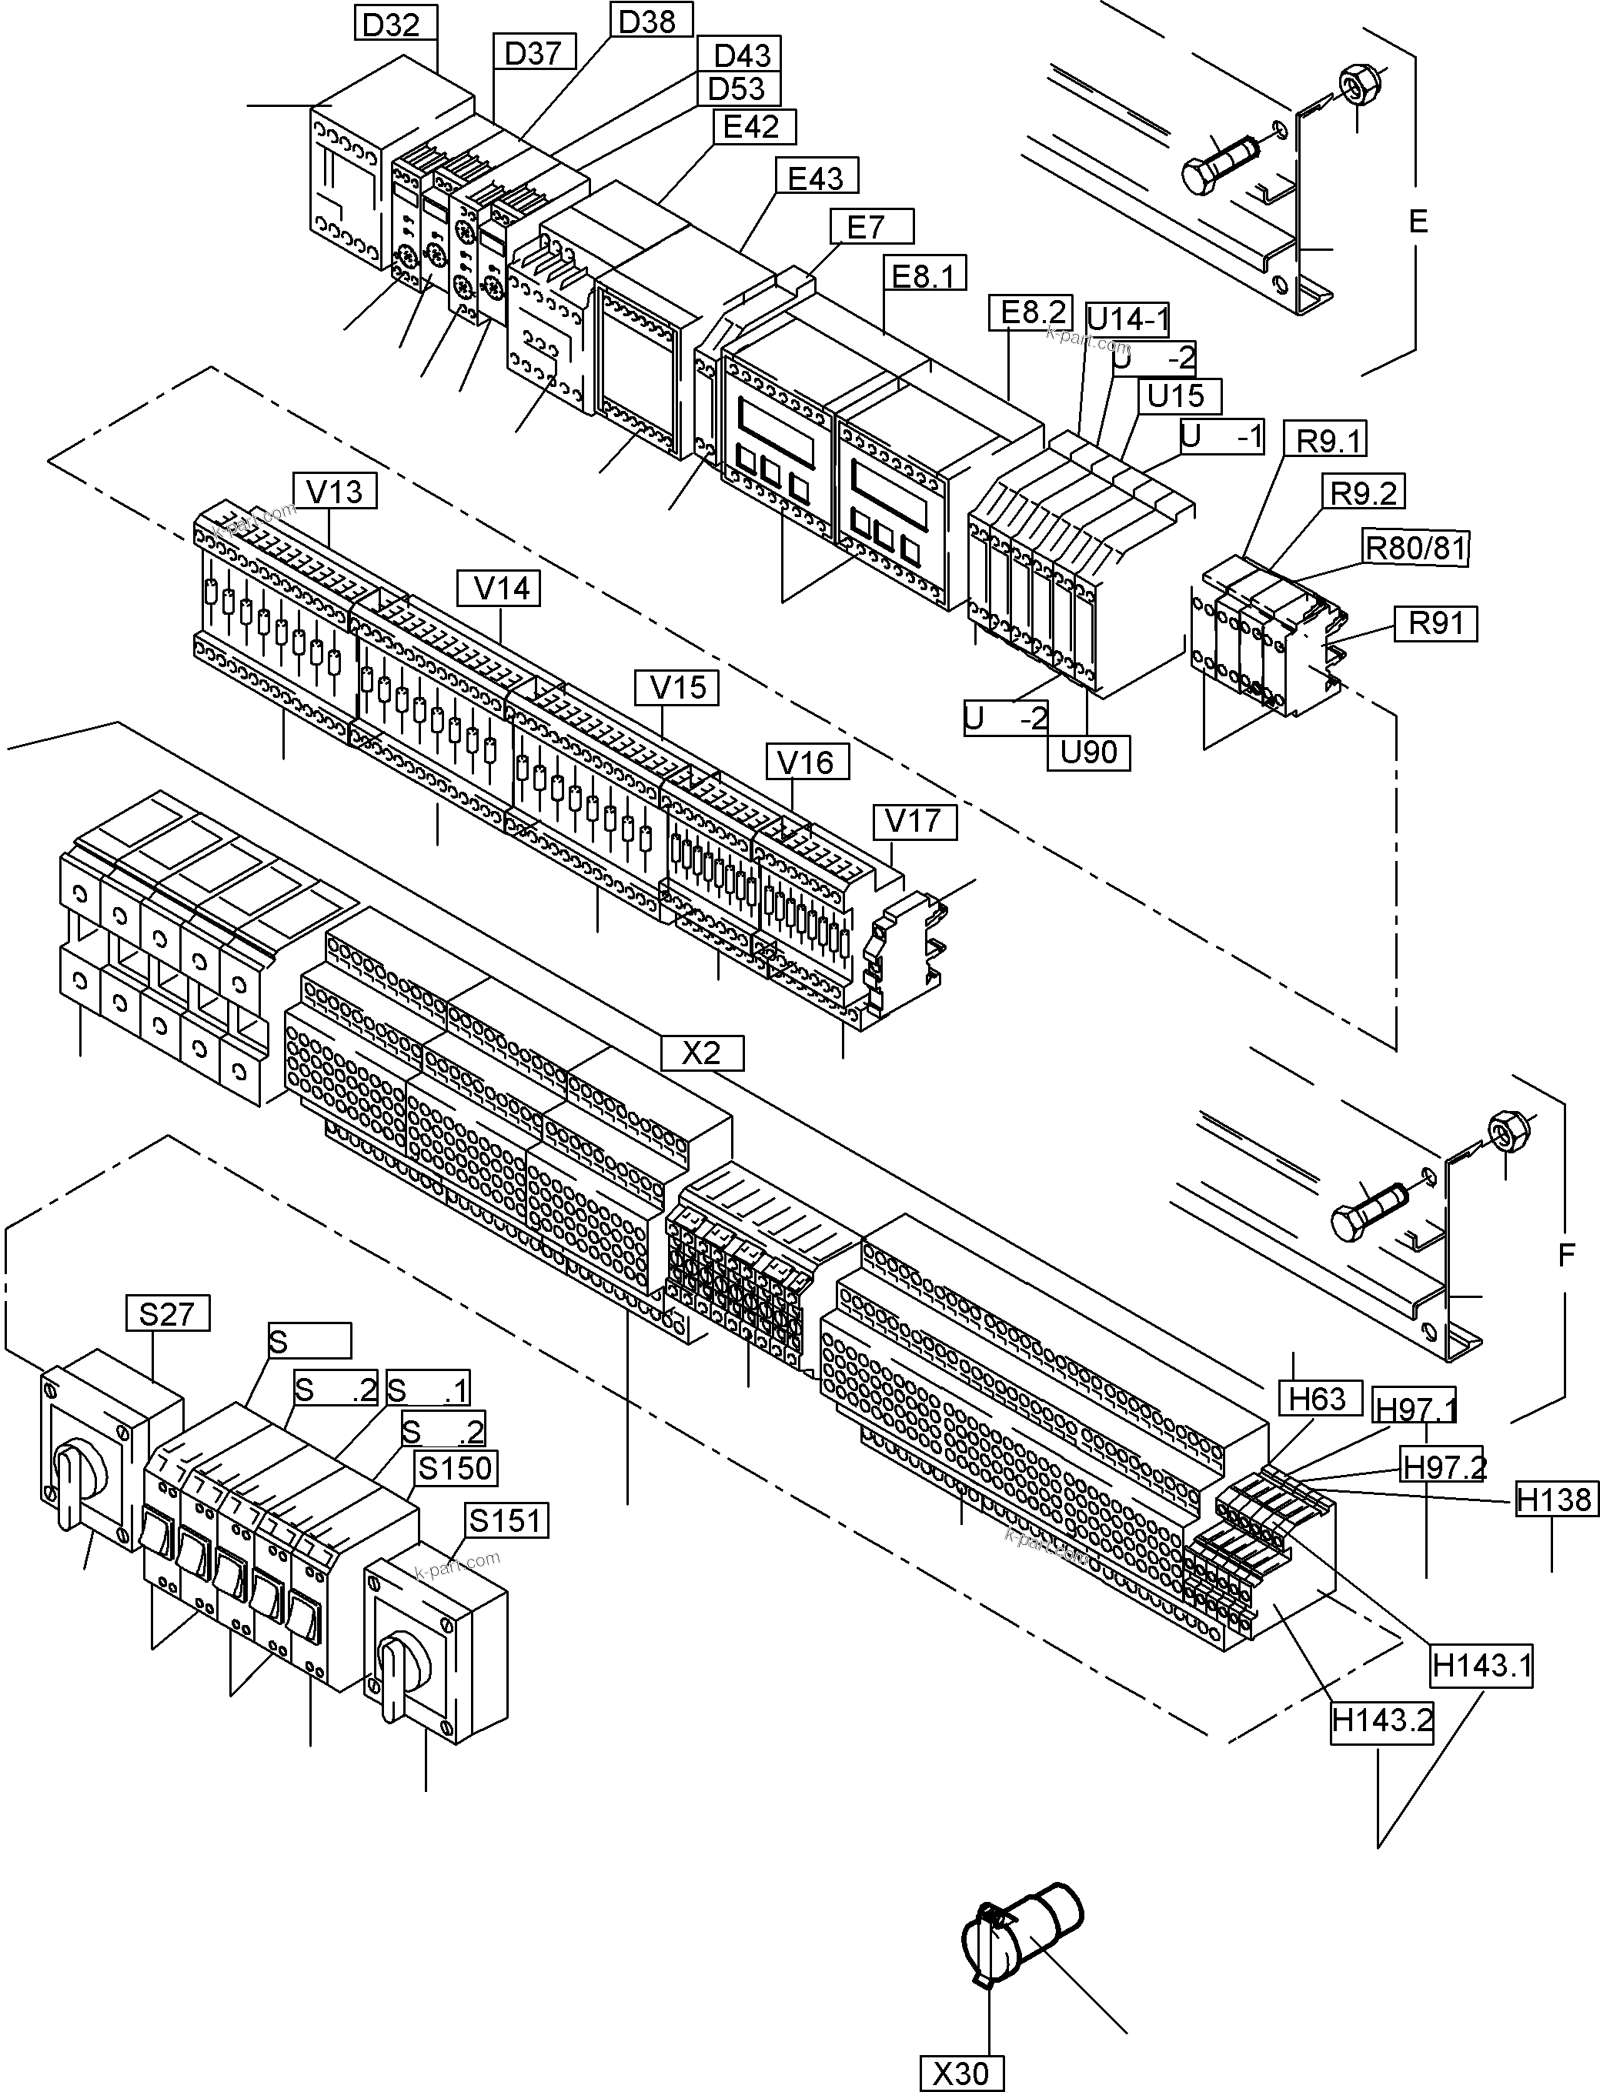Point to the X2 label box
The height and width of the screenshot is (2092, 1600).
point(702,1053)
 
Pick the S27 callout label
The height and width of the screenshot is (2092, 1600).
point(167,1314)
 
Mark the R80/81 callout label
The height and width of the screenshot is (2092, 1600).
point(1415,548)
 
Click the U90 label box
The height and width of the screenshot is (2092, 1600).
point(1088,752)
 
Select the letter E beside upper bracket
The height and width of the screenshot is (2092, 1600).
point(1418,222)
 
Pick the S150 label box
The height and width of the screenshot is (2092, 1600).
point(456,1467)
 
